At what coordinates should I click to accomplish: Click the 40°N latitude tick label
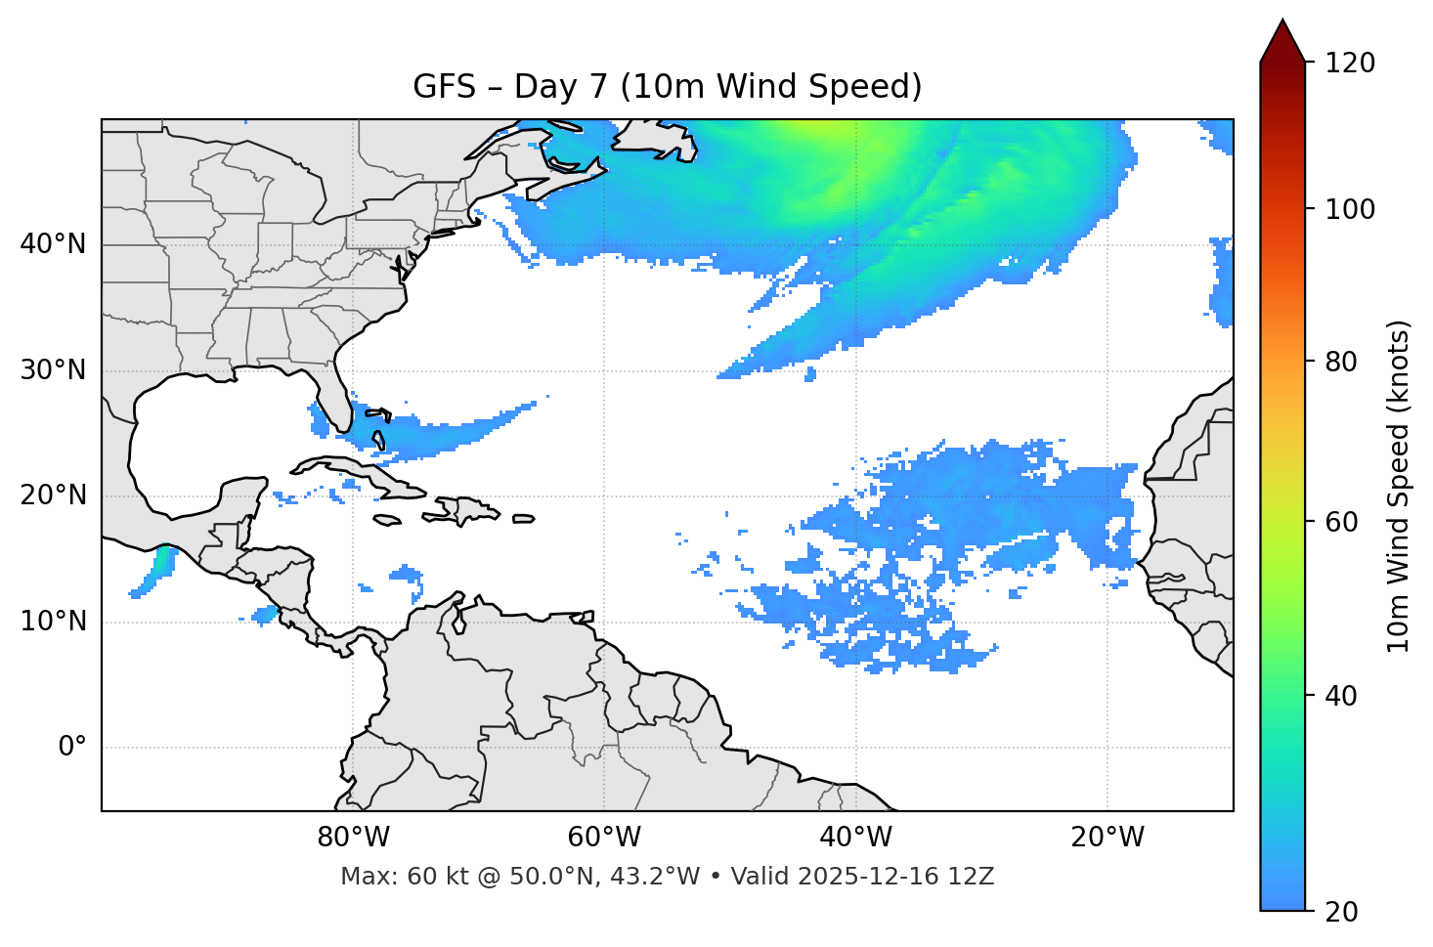(x=53, y=244)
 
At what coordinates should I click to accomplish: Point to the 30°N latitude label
(x=53, y=370)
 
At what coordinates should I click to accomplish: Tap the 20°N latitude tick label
(x=53, y=495)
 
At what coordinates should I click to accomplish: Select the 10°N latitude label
(x=53, y=622)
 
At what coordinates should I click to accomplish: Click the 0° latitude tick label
(x=72, y=748)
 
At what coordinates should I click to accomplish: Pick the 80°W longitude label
(x=353, y=838)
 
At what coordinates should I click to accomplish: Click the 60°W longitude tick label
(x=604, y=838)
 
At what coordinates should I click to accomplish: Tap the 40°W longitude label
(x=856, y=838)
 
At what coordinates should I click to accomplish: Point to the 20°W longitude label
(x=1107, y=838)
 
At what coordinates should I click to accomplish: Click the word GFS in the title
(x=444, y=87)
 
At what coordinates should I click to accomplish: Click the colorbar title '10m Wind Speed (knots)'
(x=1399, y=486)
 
